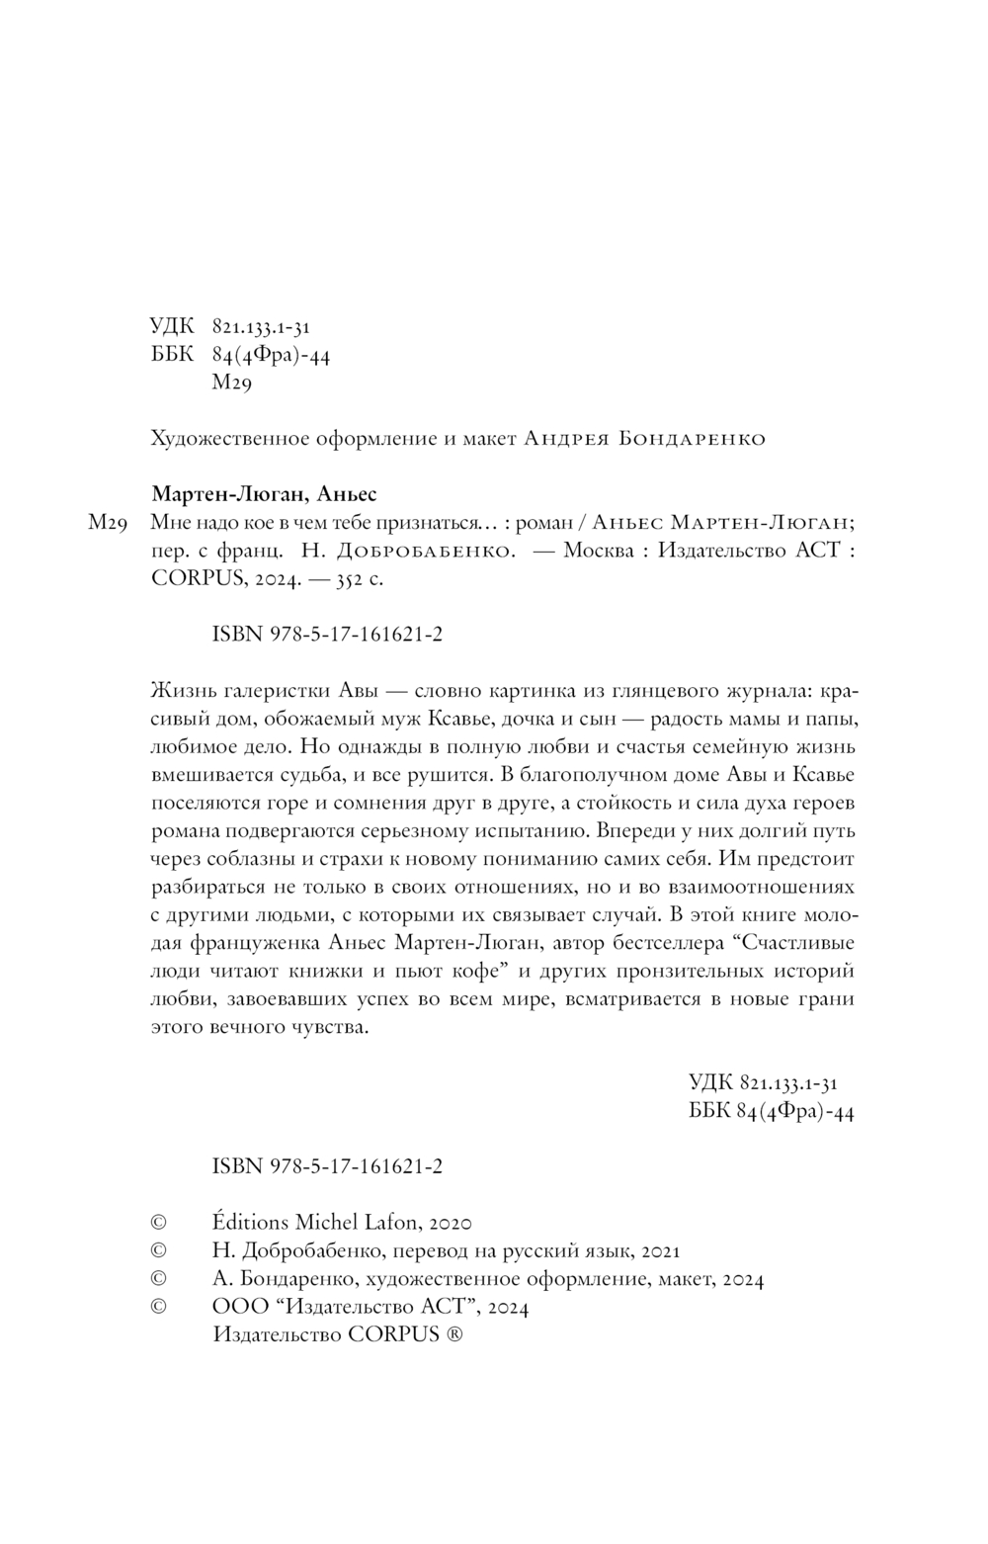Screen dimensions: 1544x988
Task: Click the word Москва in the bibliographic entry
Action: (x=598, y=552)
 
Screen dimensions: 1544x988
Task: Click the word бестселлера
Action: (x=670, y=940)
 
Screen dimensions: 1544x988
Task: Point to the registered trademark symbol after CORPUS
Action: (x=453, y=1334)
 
